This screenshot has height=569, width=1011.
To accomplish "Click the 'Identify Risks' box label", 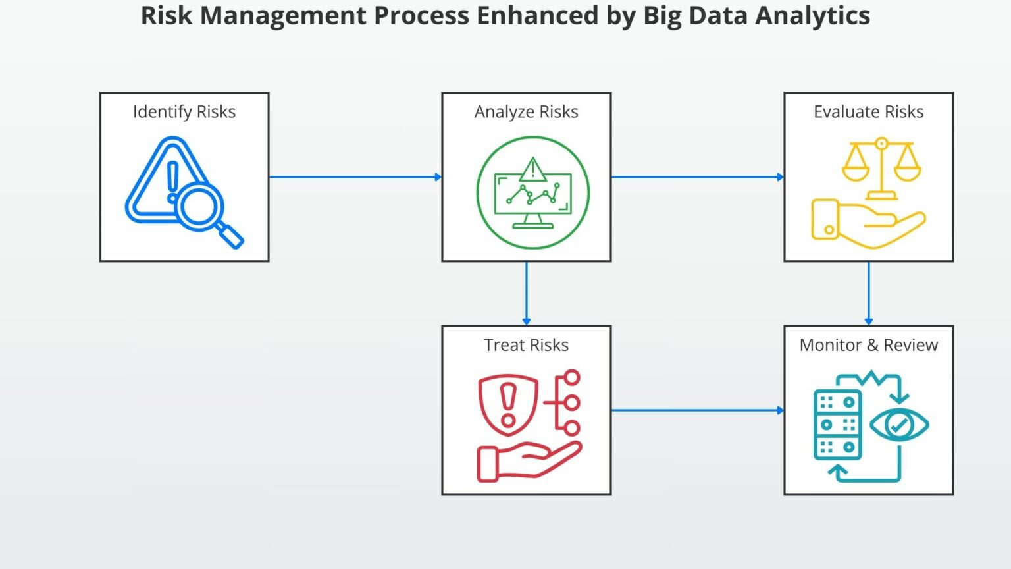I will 184,112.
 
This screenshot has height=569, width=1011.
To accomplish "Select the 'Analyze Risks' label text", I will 526,112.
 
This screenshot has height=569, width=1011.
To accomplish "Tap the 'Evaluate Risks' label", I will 868,112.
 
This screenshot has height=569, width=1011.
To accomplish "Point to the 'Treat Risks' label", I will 526,345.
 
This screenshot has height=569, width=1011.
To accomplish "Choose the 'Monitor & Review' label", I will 868,345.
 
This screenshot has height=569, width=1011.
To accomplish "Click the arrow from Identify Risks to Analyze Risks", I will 355,176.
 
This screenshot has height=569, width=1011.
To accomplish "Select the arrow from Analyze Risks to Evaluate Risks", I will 697,176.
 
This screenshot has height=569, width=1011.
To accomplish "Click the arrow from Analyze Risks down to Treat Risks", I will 526,293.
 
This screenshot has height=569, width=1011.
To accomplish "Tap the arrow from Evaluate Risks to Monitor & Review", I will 868,293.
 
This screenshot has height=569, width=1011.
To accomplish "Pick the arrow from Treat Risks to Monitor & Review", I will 697,410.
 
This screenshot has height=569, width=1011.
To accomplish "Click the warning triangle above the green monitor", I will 532,170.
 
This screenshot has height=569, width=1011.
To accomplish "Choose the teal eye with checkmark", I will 898,425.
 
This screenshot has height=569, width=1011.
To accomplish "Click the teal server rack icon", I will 837,425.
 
